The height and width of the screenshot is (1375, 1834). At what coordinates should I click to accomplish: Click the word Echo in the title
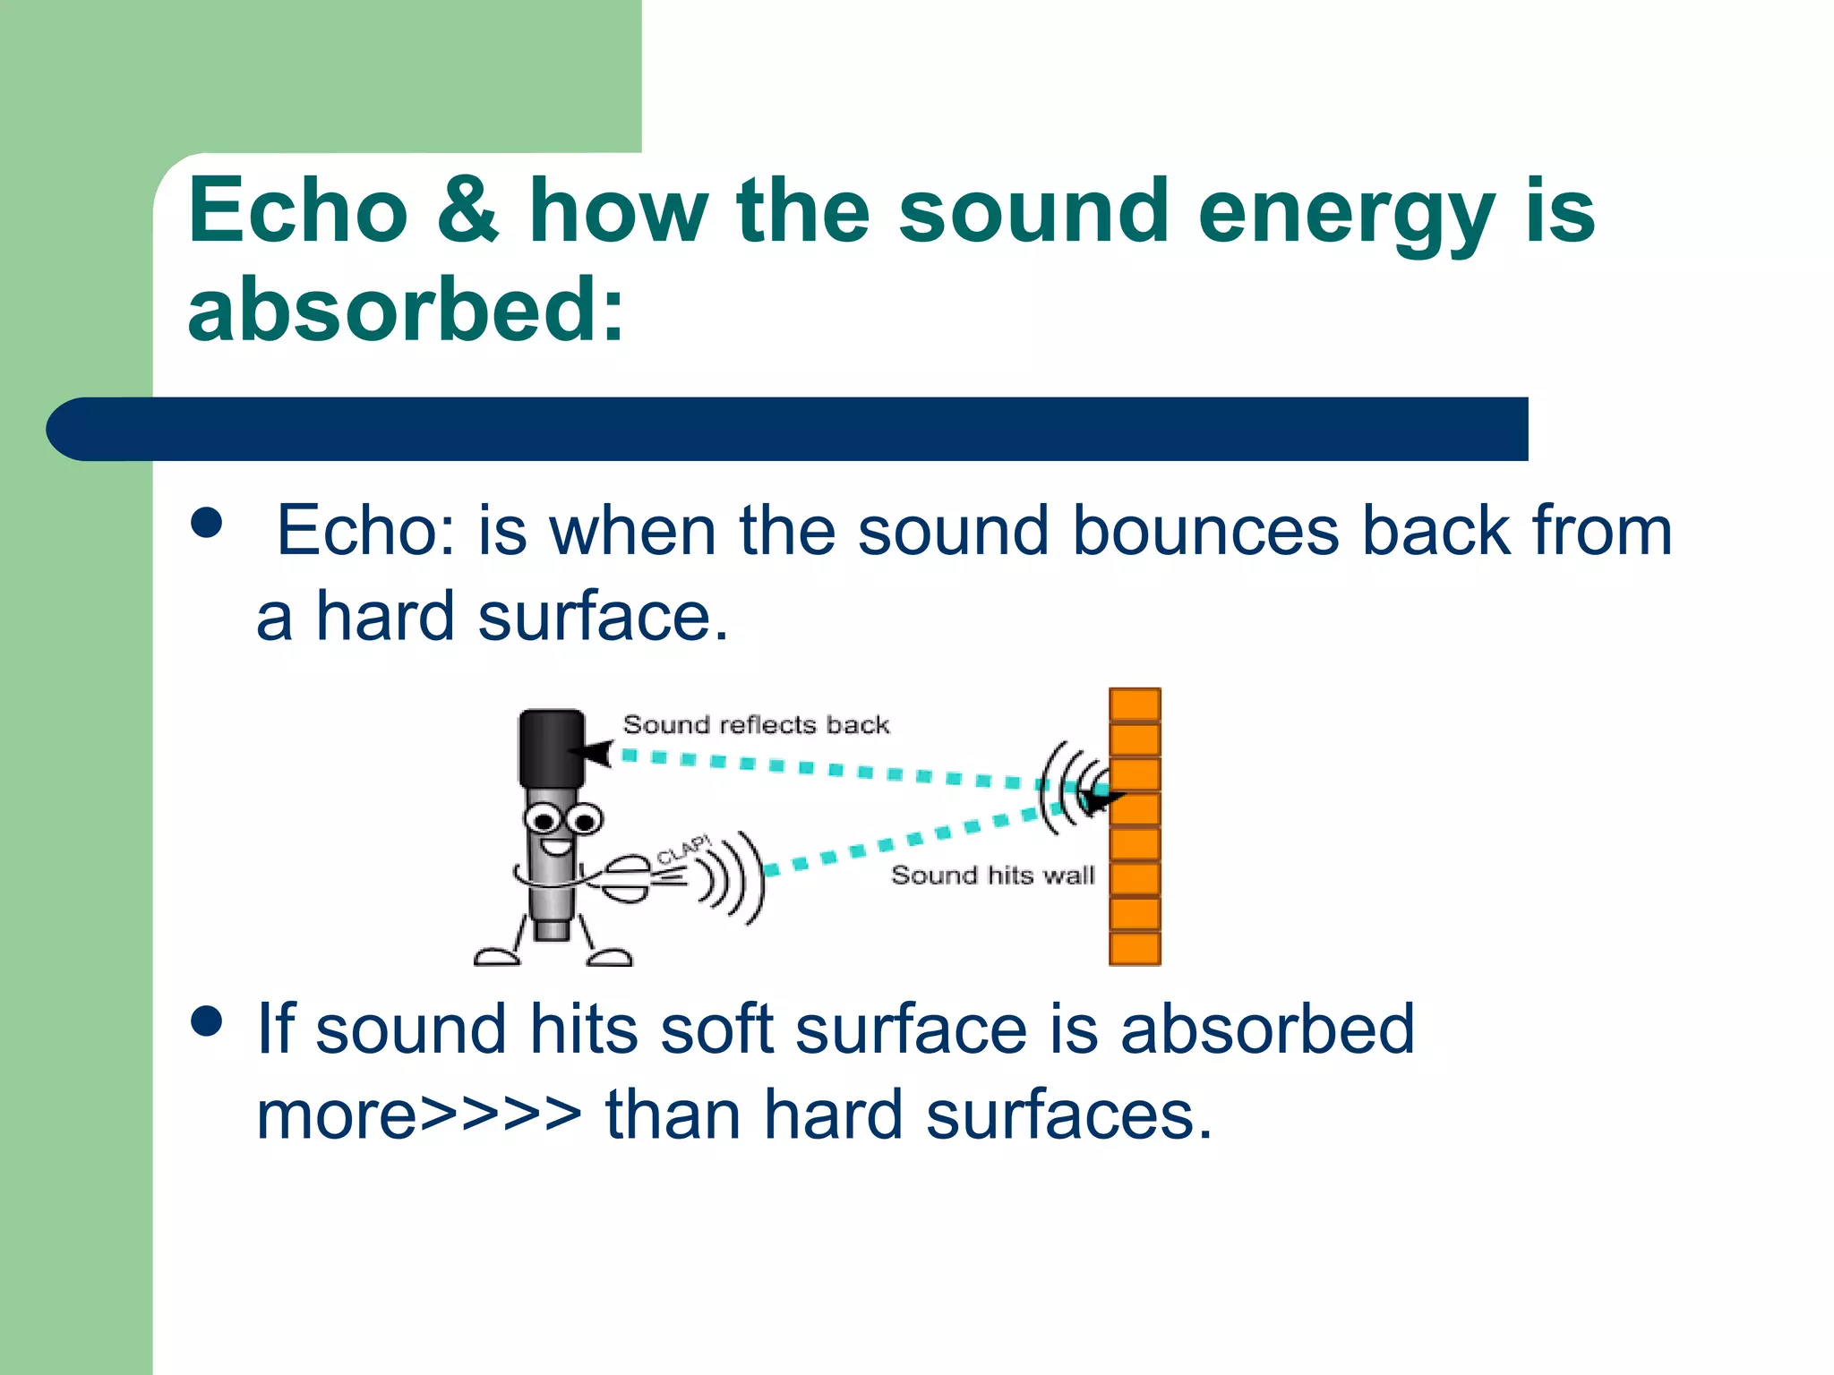click(297, 211)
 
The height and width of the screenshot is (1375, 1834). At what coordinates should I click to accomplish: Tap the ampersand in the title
click(467, 211)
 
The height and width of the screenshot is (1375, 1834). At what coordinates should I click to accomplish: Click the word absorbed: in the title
click(405, 310)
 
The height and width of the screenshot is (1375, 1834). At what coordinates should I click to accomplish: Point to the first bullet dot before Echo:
click(207, 523)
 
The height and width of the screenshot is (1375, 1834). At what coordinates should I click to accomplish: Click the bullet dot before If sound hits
click(207, 1021)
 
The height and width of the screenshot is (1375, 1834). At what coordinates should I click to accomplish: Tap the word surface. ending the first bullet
click(603, 617)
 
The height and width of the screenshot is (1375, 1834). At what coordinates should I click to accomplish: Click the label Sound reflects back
click(756, 724)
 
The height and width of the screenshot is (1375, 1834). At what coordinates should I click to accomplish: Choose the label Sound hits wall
click(992, 875)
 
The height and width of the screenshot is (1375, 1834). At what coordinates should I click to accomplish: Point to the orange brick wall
click(1135, 827)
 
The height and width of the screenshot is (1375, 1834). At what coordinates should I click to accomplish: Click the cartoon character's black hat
click(551, 748)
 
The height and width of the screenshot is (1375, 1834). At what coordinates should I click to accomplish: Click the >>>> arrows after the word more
click(501, 1115)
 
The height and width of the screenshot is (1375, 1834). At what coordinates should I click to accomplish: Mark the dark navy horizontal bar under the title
click(788, 430)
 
